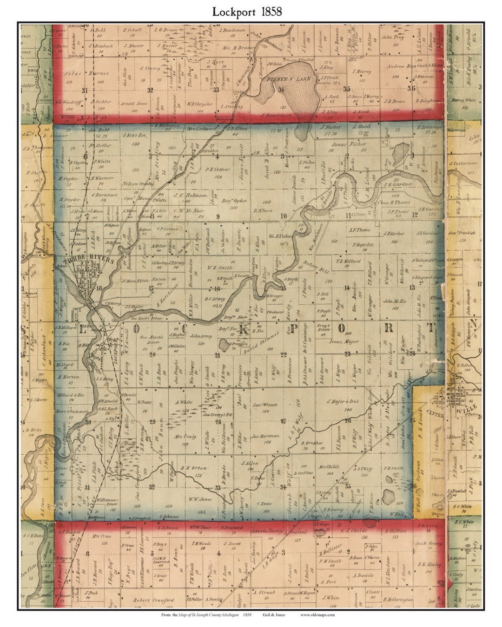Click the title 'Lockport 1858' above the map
pos(247,12)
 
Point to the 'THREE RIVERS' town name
pos(86,261)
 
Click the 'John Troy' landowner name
pos(393,37)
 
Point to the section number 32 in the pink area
pos(150,90)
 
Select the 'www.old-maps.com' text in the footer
pos(317,614)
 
